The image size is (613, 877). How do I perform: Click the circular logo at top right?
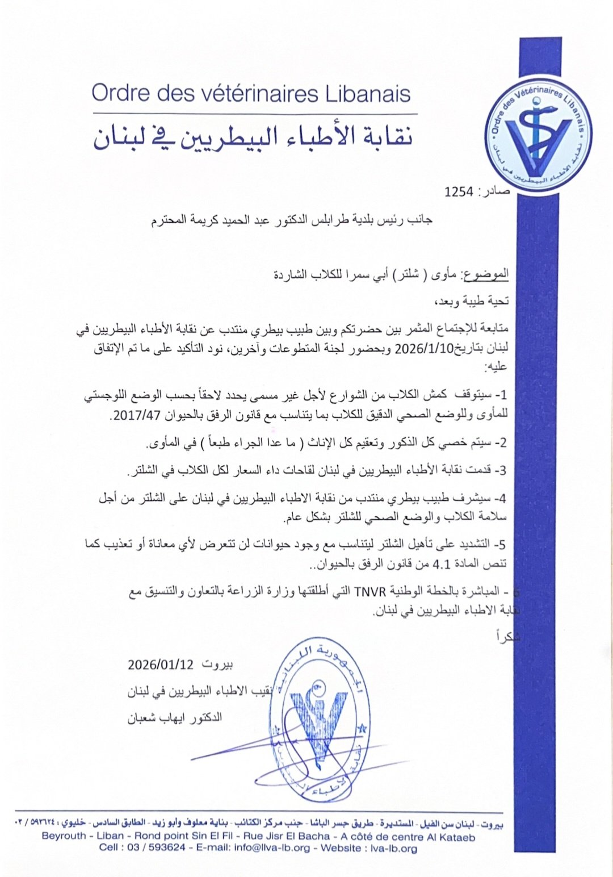pos(538,139)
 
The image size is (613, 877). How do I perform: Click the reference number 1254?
pos(459,192)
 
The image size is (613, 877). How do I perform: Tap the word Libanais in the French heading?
pos(368,93)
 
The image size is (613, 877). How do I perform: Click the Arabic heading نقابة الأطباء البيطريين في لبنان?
pos(253,137)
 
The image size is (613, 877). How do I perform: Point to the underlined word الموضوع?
pos(486,275)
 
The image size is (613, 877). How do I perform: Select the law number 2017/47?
pos(135,416)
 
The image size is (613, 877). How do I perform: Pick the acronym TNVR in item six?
pos(370,592)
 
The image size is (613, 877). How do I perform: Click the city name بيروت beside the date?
pos(218,664)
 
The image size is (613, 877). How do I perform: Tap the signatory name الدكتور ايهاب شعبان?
pos(175,718)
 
